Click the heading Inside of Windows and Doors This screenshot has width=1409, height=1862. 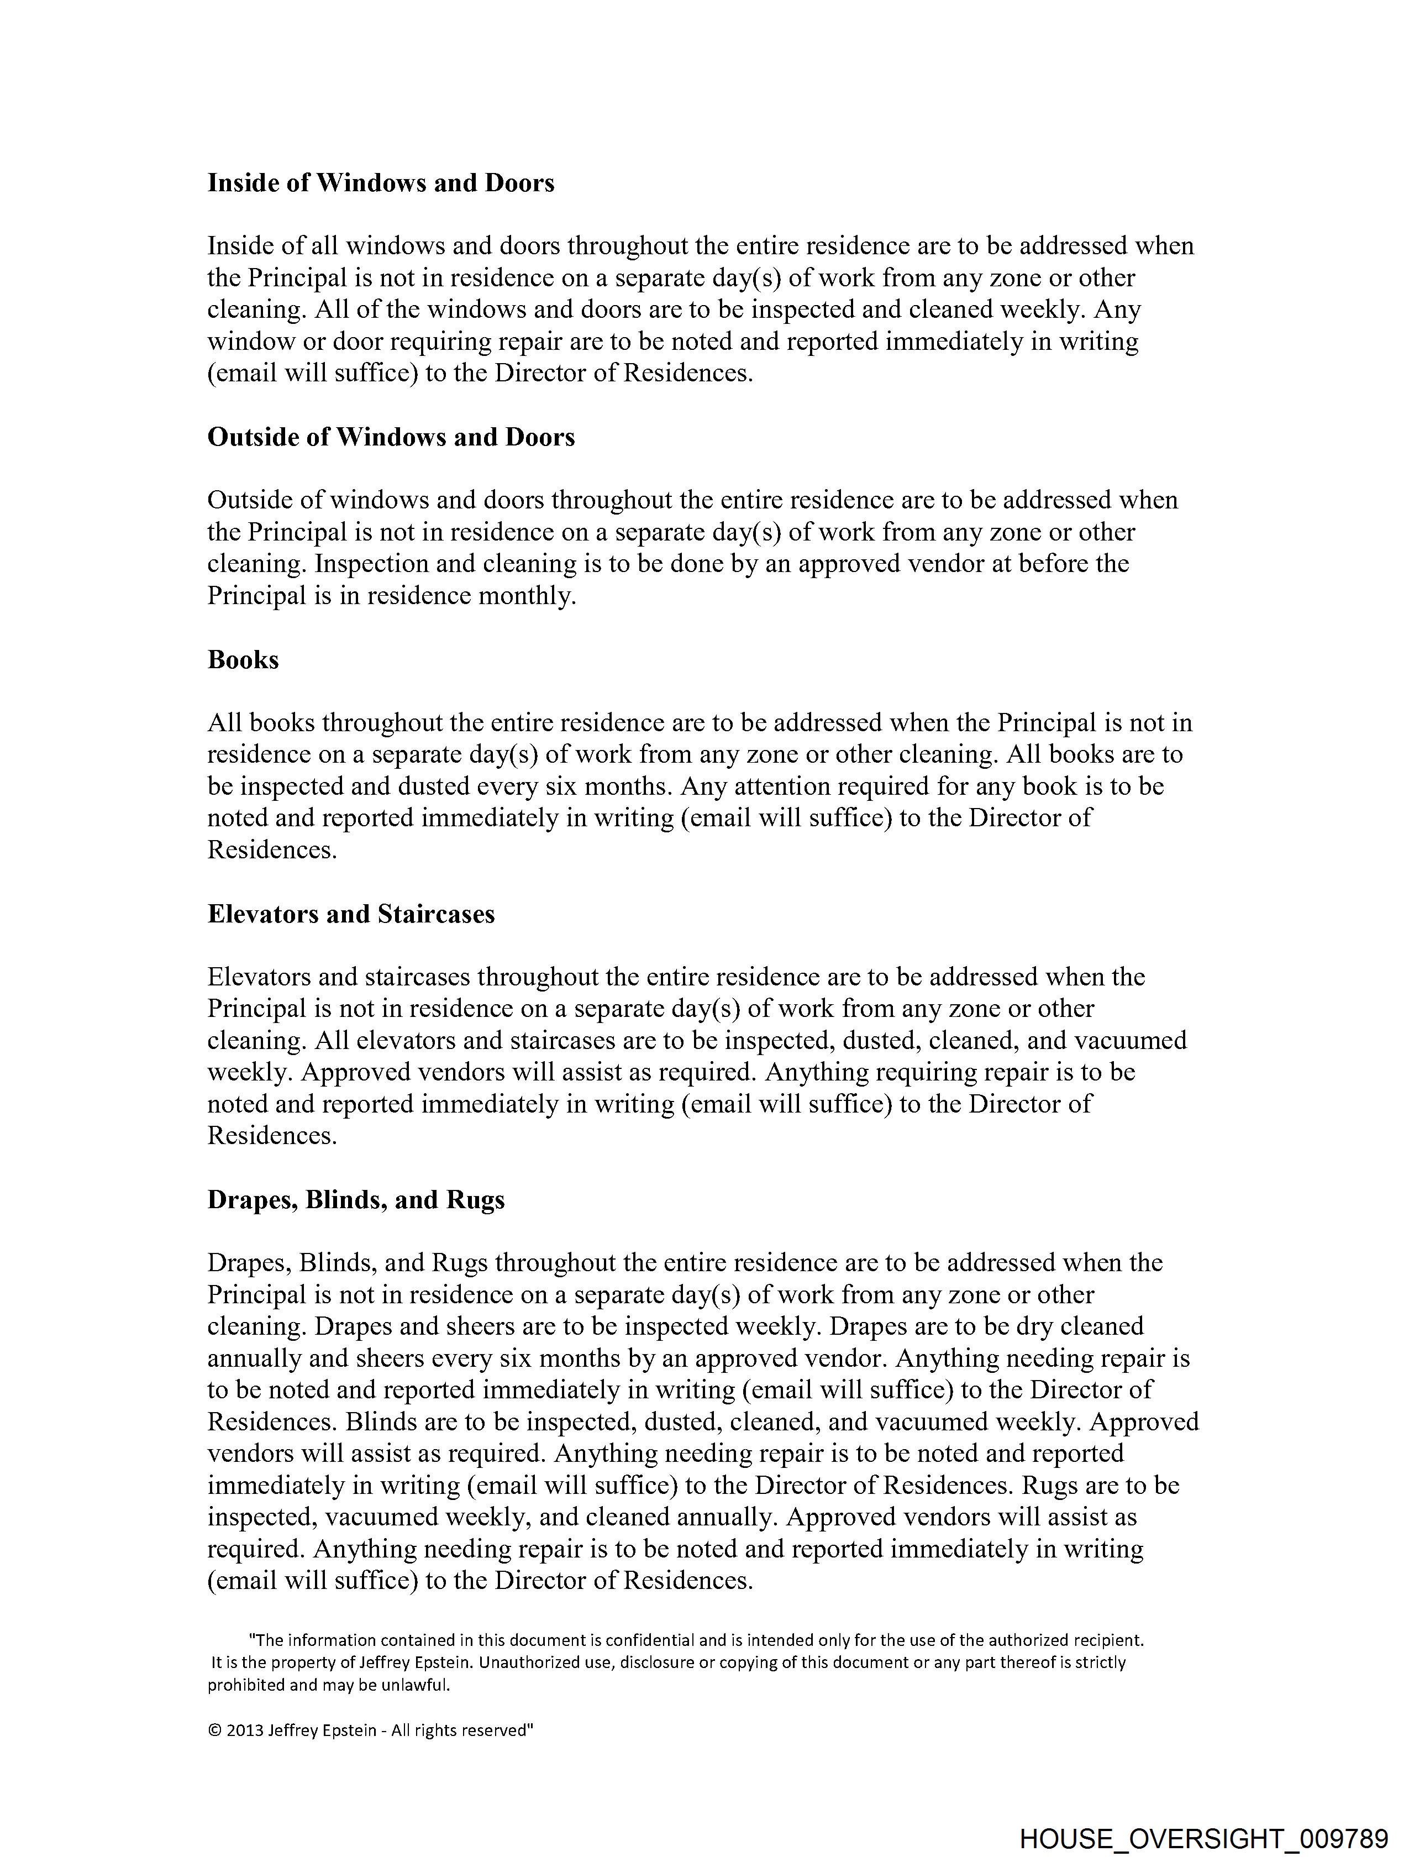pos(381,183)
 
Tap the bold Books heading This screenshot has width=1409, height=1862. pos(243,659)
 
